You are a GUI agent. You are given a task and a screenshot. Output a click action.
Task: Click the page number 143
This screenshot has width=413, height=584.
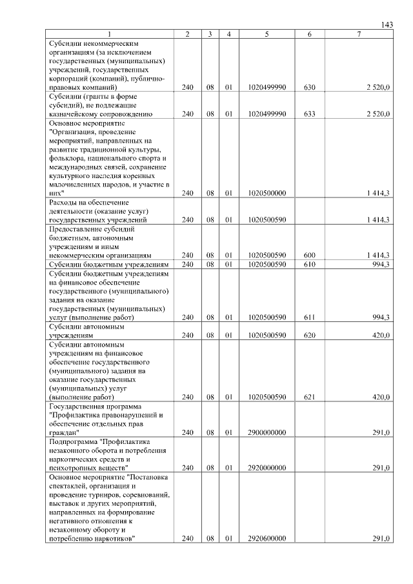pyautogui.click(x=387, y=25)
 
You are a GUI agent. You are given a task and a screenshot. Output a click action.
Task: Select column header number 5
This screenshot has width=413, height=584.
pyautogui.click(x=267, y=34)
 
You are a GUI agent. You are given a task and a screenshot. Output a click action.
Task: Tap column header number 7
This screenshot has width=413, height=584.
pyautogui.click(x=359, y=34)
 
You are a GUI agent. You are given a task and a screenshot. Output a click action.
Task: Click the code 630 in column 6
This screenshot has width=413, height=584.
pyautogui.click(x=309, y=86)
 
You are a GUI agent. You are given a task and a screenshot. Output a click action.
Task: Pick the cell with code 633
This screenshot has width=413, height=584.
pyautogui.click(x=309, y=114)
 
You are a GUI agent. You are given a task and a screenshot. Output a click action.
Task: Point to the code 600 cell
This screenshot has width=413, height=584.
pyautogui.click(x=309, y=256)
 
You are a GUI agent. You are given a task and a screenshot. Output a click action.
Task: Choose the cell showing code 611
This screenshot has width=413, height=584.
pyautogui.click(x=309, y=317)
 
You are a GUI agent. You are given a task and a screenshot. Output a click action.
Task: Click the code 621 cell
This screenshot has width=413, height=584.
pyautogui.click(x=309, y=398)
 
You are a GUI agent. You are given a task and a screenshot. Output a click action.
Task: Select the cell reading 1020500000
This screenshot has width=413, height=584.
pyautogui.click(x=267, y=193)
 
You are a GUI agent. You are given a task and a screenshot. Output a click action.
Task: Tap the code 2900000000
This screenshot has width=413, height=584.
pyautogui.click(x=267, y=432)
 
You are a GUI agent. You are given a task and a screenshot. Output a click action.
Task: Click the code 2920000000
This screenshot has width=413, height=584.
pyautogui.click(x=267, y=468)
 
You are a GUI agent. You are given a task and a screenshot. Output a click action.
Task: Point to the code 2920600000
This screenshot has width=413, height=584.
pyautogui.click(x=267, y=539)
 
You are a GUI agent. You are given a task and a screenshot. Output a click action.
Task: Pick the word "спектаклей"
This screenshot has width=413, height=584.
pyautogui.click(x=70, y=485)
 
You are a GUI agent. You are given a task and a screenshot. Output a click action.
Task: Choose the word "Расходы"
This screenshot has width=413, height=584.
pyautogui.click(x=64, y=203)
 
